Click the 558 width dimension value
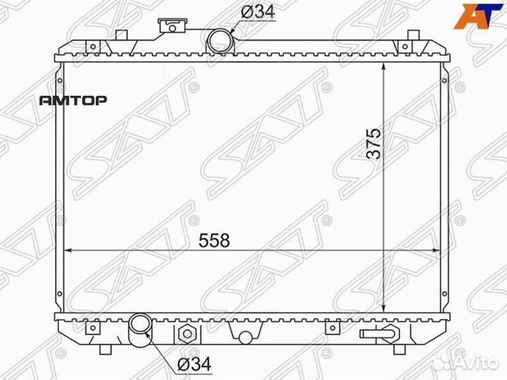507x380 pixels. (214, 241)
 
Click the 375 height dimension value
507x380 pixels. (374, 144)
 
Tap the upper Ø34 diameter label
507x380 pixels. (258, 12)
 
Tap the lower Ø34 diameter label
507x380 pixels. (194, 364)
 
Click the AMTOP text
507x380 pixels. (73, 101)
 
